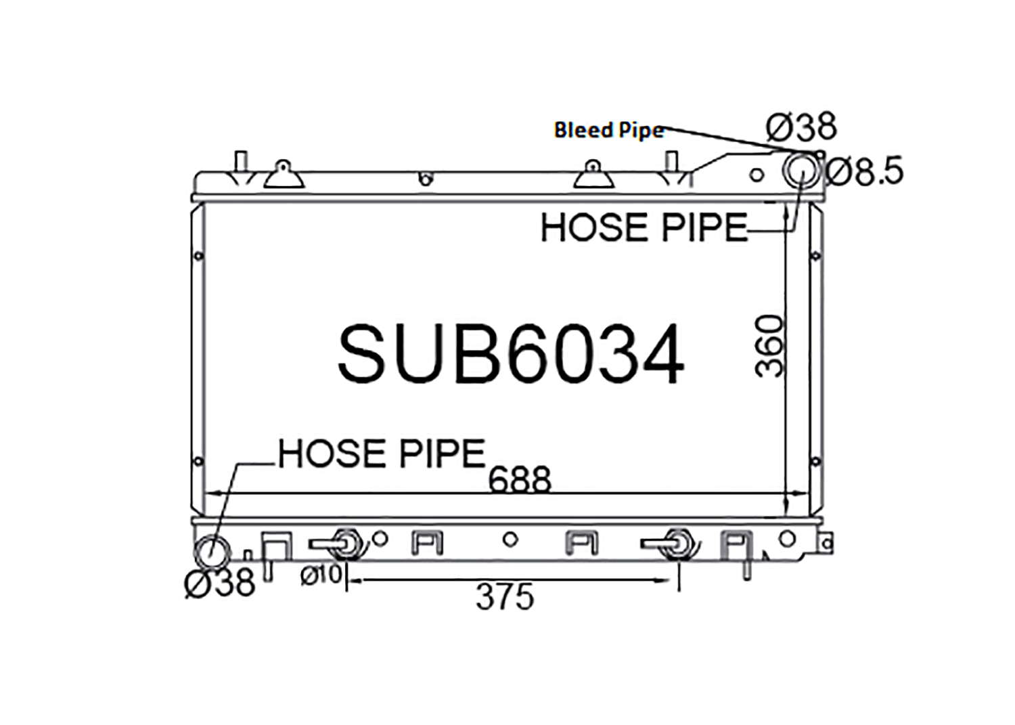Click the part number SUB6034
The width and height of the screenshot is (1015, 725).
pyautogui.click(x=511, y=353)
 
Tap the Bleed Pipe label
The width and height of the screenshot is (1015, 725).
pyautogui.click(x=609, y=130)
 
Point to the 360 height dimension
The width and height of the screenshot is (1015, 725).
pyautogui.click(x=769, y=347)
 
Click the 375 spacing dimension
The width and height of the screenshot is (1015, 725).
pyautogui.click(x=505, y=596)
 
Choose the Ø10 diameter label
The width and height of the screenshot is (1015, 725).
pyautogui.click(x=321, y=575)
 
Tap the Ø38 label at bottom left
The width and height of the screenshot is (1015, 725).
pyautogui.click(x=220, y=583)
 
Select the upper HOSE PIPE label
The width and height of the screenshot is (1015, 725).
pyautogui.click(x=644, y=227)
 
